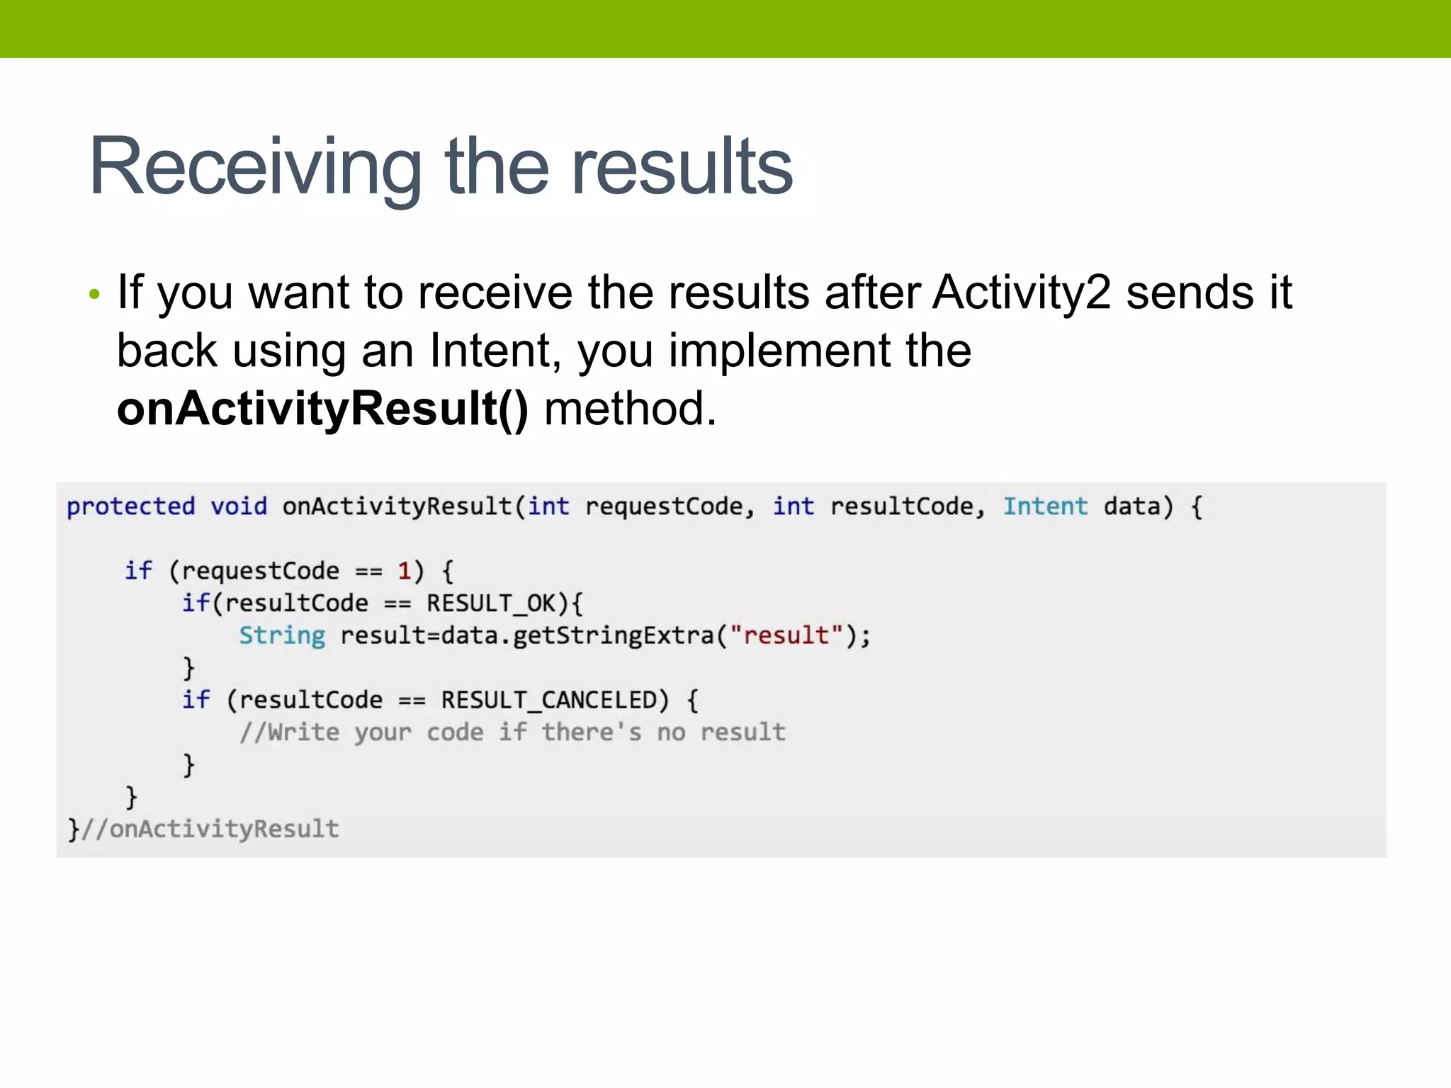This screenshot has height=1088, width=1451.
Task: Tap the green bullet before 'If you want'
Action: coord(95,294)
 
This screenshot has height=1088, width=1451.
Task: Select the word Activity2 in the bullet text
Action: coord(1022,293)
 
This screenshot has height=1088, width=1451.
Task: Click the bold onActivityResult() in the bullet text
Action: coord(322,409)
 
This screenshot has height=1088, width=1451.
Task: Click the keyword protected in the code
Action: coord(130,506)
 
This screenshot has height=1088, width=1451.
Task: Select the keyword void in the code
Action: coord(239,506)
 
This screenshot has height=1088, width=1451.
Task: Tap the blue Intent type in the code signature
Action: coord(1044,506)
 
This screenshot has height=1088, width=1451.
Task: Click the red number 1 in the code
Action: coord(405,571)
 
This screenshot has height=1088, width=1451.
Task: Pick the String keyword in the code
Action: coord(282,635)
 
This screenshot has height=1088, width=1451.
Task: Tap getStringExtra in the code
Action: coord(613,635)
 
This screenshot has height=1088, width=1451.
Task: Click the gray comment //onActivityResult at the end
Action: coord(210,829)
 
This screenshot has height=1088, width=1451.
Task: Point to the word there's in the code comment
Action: coord(592,732)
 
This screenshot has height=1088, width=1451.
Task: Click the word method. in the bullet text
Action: coord(630,409)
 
